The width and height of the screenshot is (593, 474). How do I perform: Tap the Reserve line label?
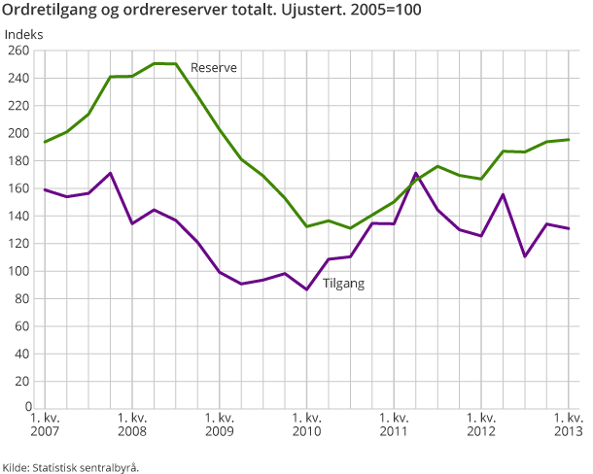point(214,67)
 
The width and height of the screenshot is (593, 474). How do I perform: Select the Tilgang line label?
point(344,283)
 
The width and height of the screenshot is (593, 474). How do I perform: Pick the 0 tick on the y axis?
point(28,408)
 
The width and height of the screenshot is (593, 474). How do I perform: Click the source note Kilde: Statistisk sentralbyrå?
point(70,467)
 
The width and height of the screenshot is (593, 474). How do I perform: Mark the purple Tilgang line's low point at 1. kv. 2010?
point(306,289)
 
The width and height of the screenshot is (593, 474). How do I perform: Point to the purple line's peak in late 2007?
point(110,173)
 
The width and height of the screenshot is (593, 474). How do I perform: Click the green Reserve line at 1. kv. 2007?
point(45,142)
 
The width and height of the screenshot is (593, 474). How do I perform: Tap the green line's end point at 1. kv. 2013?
point(569,140)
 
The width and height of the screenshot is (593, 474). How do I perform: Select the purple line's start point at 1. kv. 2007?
point(45,189)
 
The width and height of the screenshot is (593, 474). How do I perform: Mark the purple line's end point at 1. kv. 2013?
point(569,228)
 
